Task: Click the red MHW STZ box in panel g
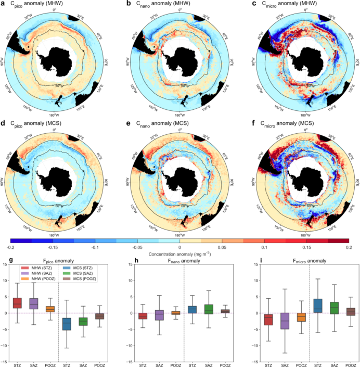pos(17,302)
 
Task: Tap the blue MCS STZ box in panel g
pos(67,323)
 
